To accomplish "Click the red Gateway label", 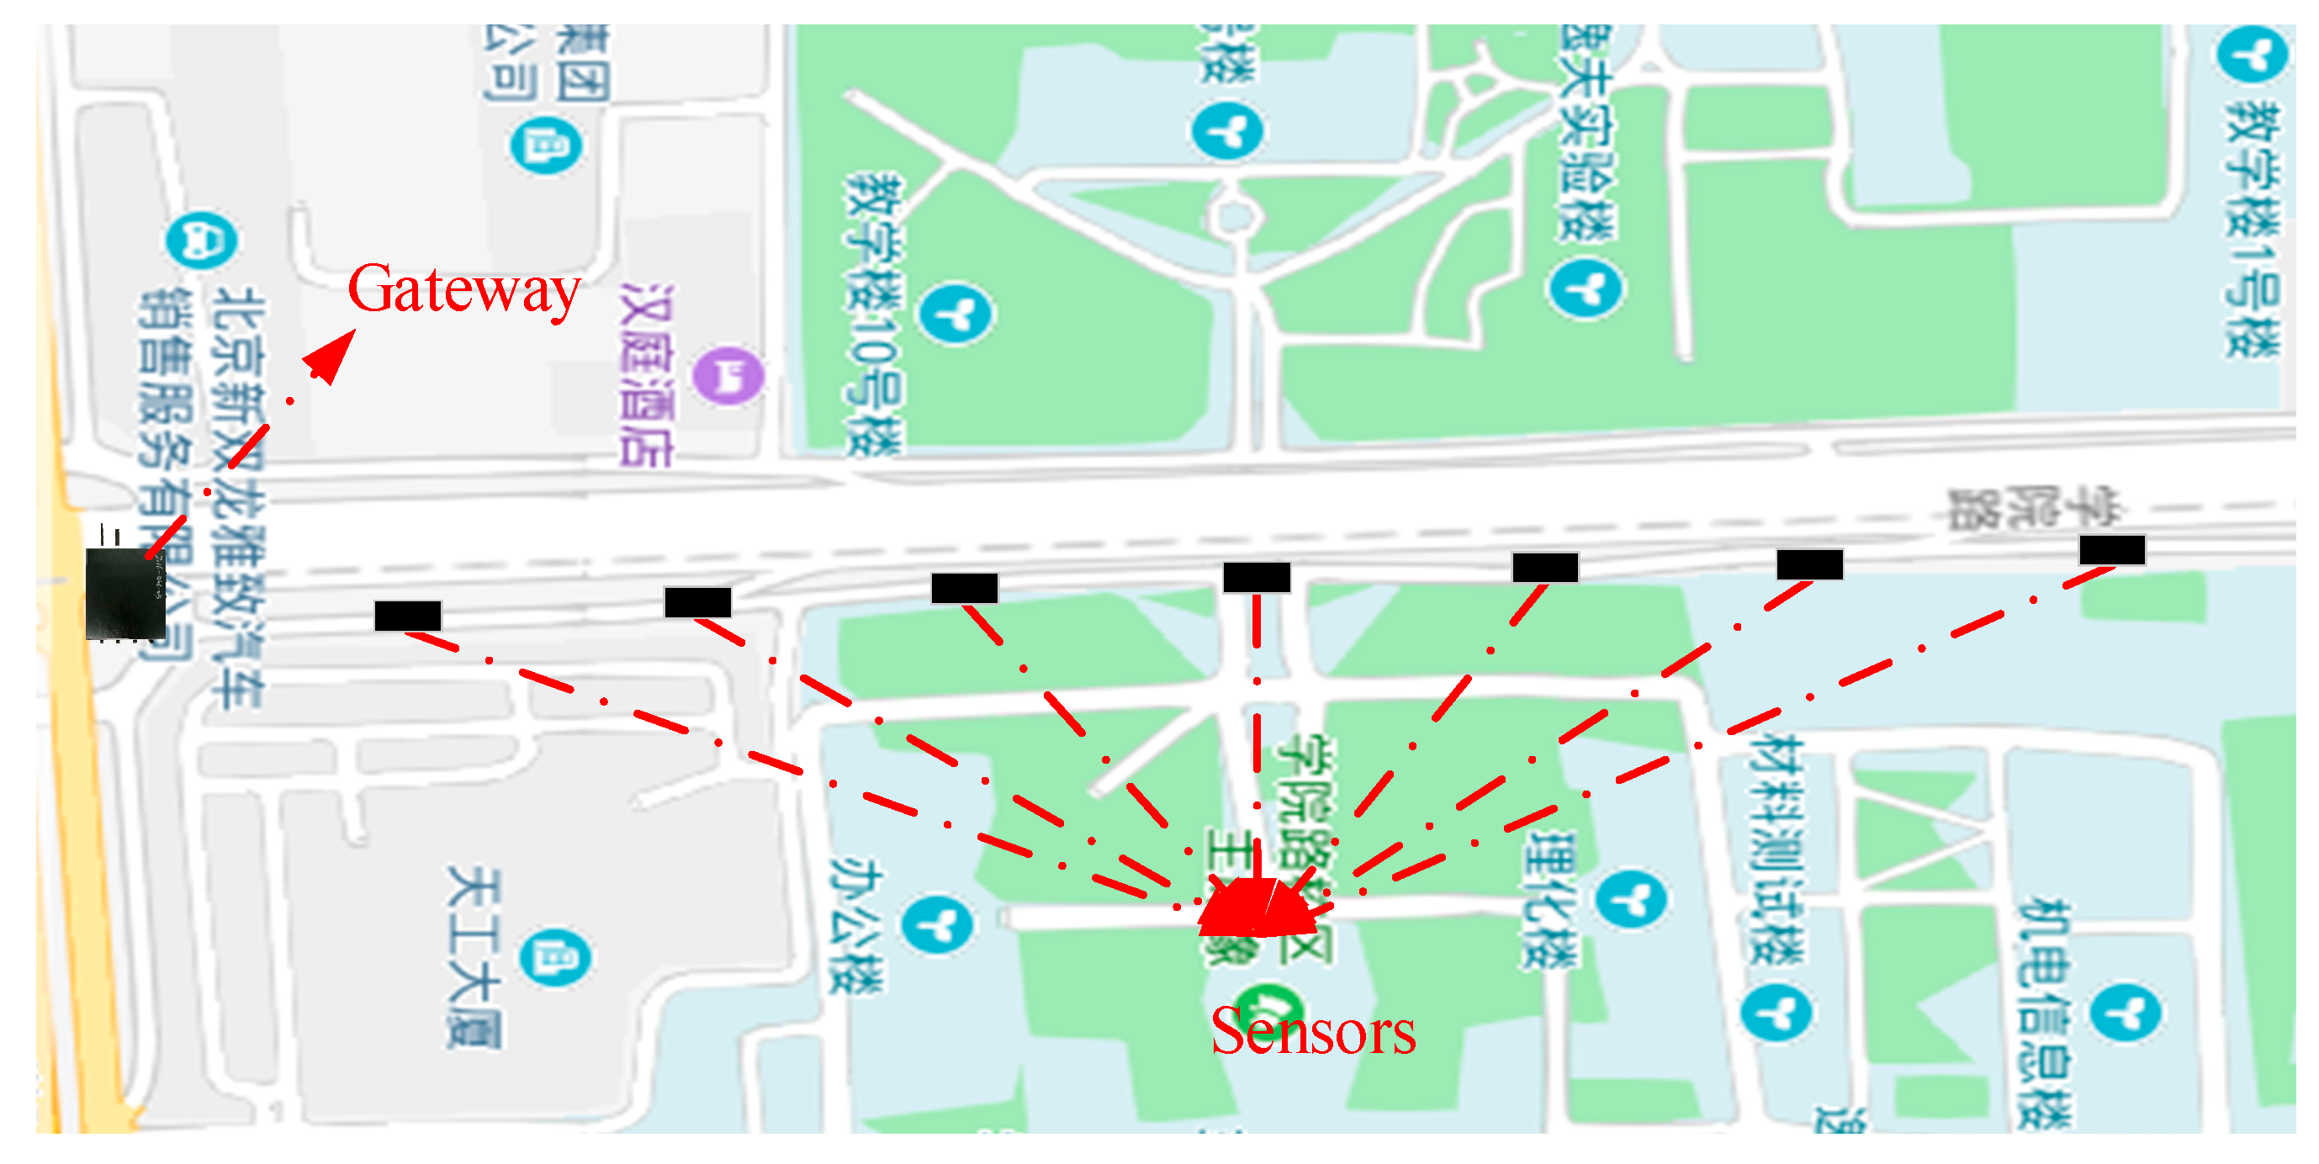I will point(463,290).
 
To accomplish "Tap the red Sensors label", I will point(1312,1032).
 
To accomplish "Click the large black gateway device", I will point(125,593).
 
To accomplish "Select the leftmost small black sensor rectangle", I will point(408,616).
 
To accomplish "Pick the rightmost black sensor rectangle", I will point(2112,549).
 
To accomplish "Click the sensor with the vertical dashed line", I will point(1257,577).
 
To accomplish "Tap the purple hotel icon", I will point(728,375).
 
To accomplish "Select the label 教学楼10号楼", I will point(872,315).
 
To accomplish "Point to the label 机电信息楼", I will point(2043,1013).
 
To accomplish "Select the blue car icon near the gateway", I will point(202,241).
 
